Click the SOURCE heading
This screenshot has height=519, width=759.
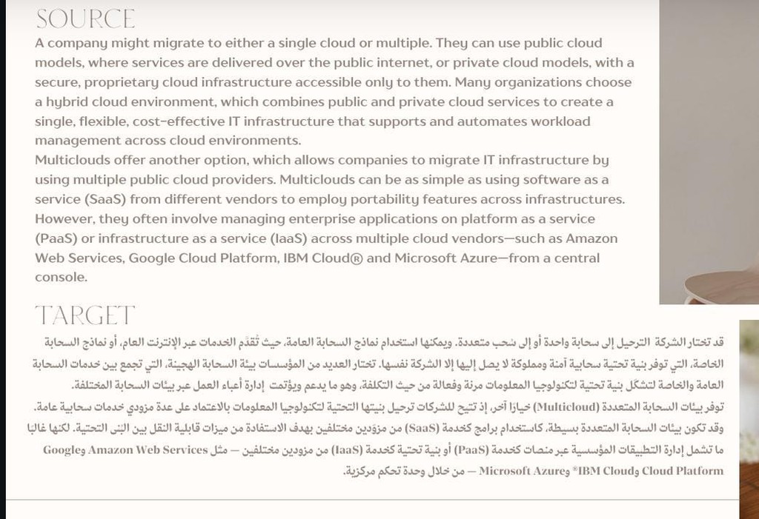[x=85, y=19]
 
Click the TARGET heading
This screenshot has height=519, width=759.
[x=85, y=315]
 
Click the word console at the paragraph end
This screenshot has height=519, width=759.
[x=61, y=278]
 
